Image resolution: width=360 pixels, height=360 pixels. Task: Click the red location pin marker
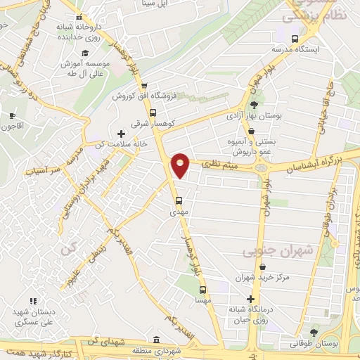[x=181, y=166]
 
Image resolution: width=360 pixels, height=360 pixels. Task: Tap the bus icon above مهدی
[x=179, y=199]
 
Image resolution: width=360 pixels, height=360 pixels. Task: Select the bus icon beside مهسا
[x=202, y=289]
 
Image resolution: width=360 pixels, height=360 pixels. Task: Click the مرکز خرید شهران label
[x=263, y=278]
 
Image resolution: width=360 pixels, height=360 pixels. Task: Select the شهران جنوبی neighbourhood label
[x=270, y=250]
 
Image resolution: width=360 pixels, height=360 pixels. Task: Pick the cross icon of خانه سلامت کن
[x=121, y=133]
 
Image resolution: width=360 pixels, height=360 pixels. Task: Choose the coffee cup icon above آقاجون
[x=11, y=115]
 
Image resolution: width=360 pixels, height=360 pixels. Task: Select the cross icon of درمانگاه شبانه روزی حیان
[x=250, y=298]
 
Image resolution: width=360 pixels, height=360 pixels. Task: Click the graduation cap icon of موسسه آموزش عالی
[x=86, y=53]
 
